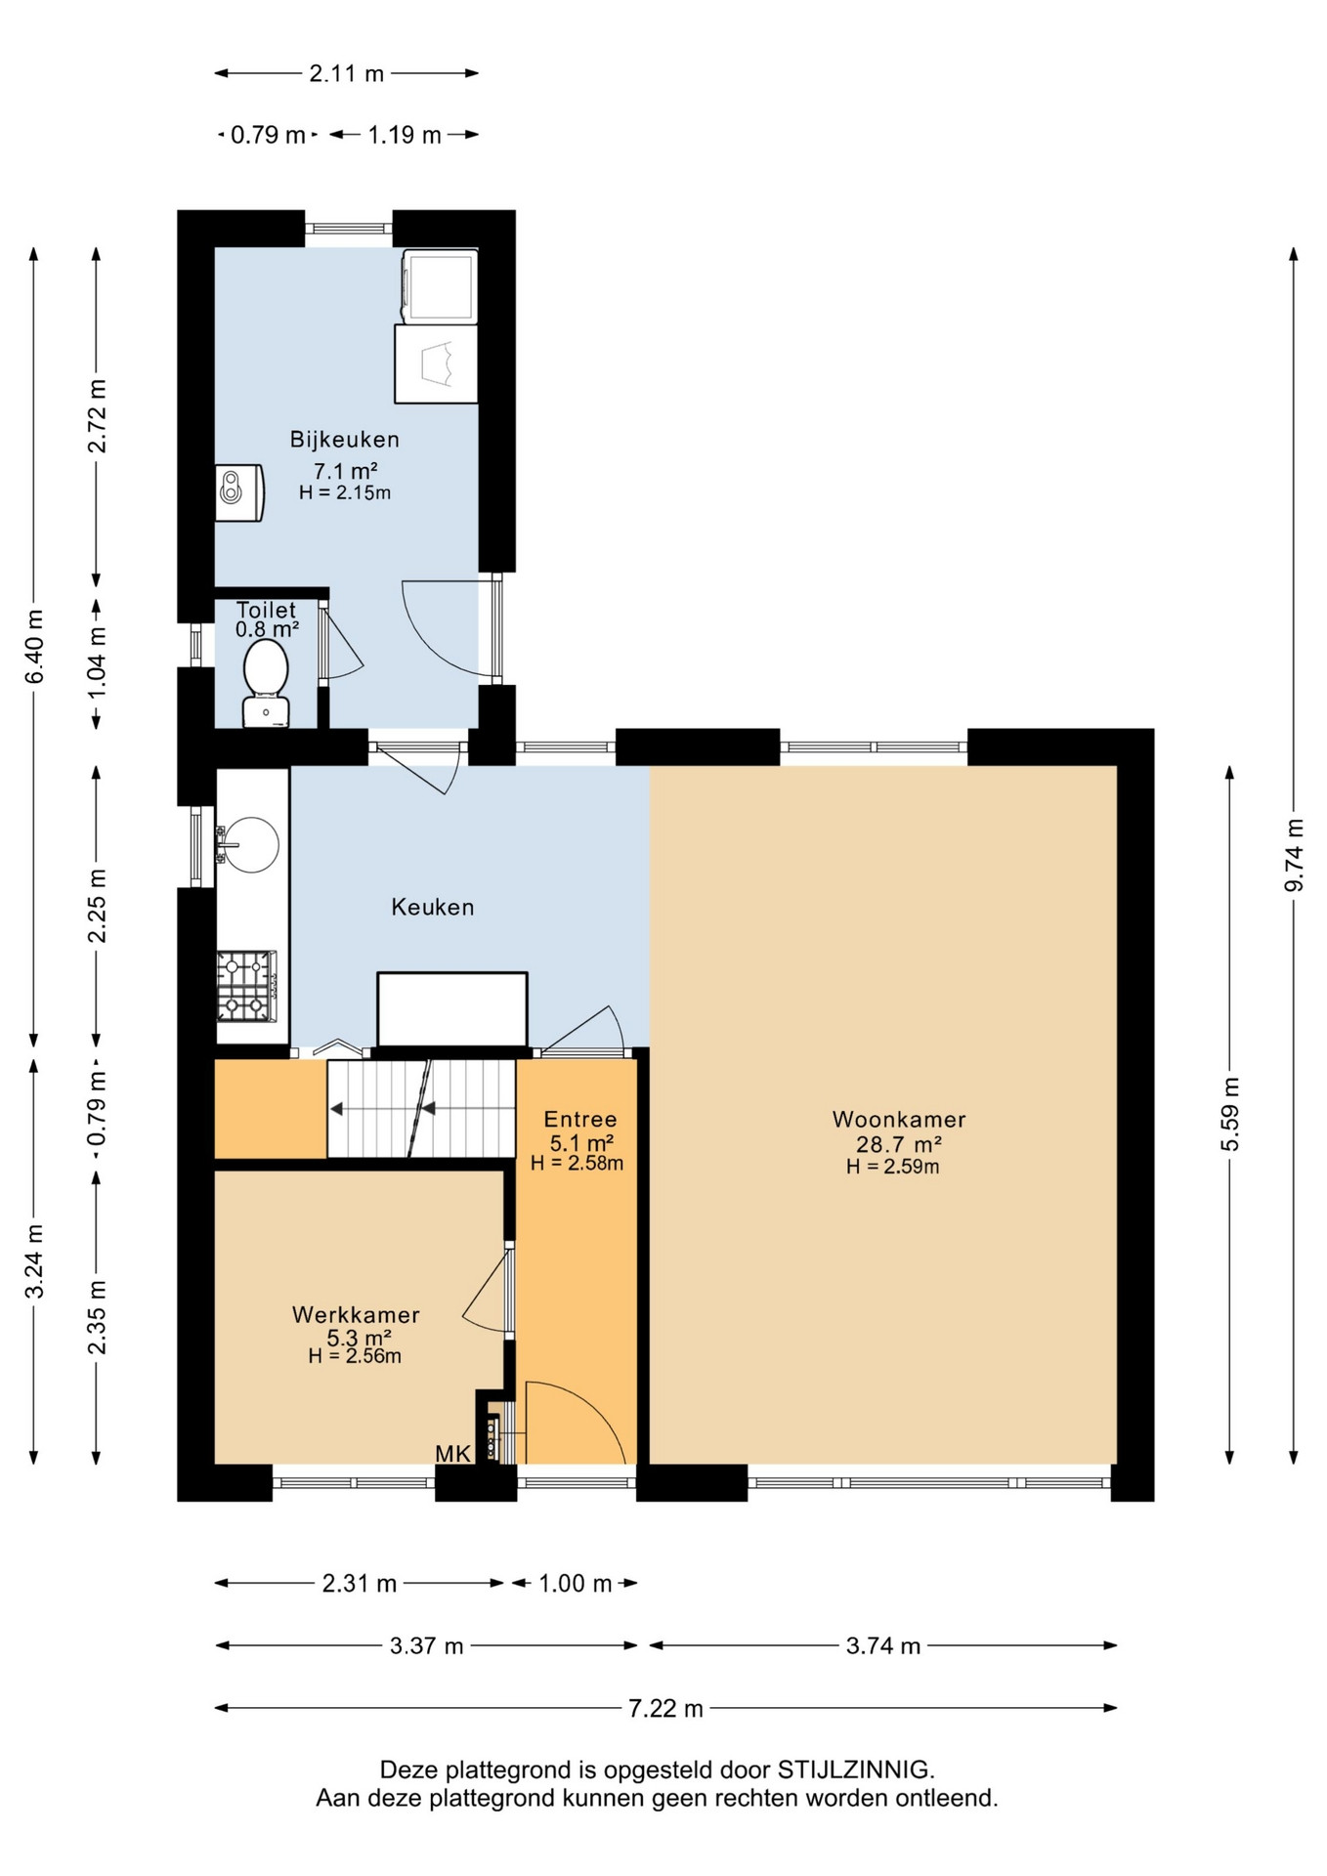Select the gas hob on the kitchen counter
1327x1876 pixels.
pyautogui.click(x=246, y=986)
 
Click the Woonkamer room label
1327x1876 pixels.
pyautogui.click(x=899, y=1120)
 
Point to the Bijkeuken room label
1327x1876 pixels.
pyautogui.click(x=344, y=440)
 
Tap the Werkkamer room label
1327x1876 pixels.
pyautogui.click(x=356, y=1315)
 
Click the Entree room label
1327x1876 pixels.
pyautogui.click(x=580, y=1120)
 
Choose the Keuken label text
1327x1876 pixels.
pyautogui.click(x=433, y=907)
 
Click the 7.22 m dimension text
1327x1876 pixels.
pyautogui.click(x=665, y=1709)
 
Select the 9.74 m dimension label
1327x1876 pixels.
pyautogui.click(x=1294, y=855)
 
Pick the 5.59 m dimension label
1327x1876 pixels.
pyautogui.click(x=1230, y=1115)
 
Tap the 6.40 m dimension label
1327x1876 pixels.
pyautogui.click(x=34, y=647)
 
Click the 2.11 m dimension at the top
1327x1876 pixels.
pyautogui.click(x=347, y=73)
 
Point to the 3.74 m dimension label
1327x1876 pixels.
pyautogui.click(x=883, y=1646)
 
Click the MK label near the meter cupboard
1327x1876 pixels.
pyautogui.click(x=453, y=1454)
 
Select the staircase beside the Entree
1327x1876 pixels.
pyautogui.click(x=421, y=1109)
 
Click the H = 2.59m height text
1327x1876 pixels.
pyautogui.click(x=893, y=1167)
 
